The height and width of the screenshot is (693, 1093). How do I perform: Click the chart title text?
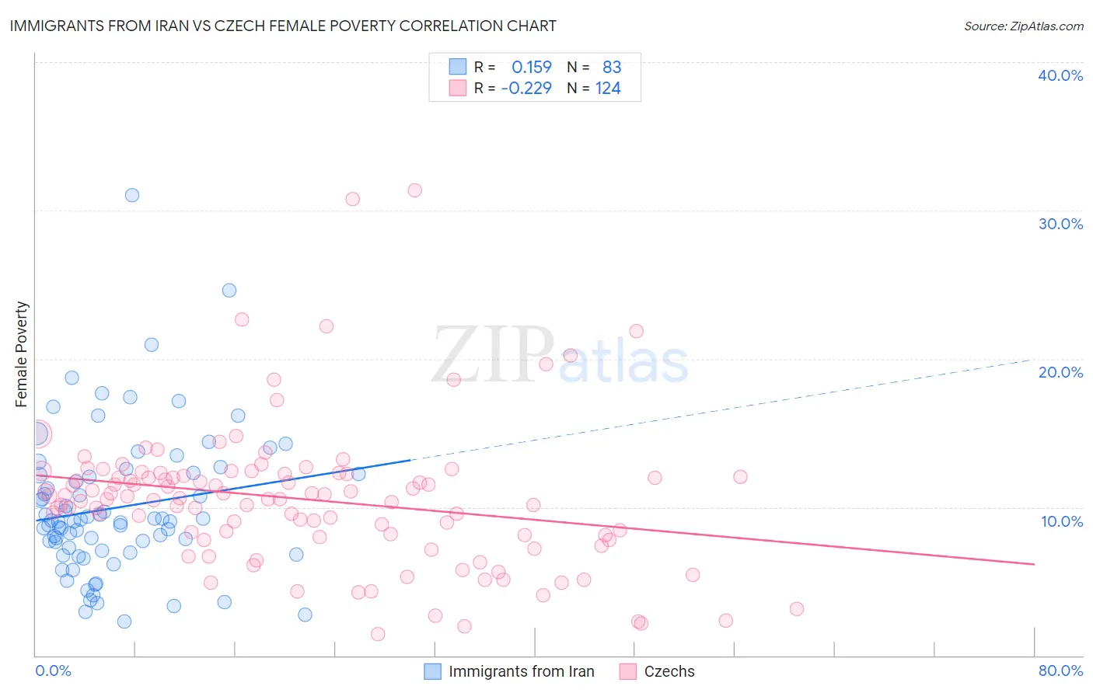[283, 26]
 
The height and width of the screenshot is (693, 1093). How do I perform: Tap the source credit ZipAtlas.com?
[1023, 26]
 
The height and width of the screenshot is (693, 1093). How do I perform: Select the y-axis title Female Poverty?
[22, 354]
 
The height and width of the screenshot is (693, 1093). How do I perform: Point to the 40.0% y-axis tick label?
[1060, 75]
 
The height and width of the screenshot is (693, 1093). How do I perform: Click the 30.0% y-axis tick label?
[1060, 224]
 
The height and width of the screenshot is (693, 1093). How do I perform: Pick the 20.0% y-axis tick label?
[1060, 372]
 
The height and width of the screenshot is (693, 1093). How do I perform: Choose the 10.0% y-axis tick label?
[1062, 521]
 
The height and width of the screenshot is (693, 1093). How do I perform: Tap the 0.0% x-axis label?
[53, 670]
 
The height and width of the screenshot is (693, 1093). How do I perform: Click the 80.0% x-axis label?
[1060, 670]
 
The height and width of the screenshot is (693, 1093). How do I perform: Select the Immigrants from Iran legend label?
[521, 671]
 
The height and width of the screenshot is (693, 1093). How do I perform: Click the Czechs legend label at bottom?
[669, 671]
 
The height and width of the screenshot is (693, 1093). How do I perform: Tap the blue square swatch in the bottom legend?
[432, 671]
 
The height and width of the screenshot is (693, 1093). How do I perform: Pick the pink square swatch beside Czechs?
[628, 671]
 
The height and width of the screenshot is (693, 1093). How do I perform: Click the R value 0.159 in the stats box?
[531, 68]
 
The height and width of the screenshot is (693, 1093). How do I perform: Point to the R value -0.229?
[526, 88]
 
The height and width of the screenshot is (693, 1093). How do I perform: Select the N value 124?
[608, 88]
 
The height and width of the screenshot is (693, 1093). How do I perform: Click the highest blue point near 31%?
[132, 195]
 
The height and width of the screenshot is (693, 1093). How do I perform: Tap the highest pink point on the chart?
[414, 190]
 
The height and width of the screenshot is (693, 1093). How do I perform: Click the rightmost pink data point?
[796, 609]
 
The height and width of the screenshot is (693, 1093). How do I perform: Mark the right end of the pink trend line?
[1034, 564]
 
